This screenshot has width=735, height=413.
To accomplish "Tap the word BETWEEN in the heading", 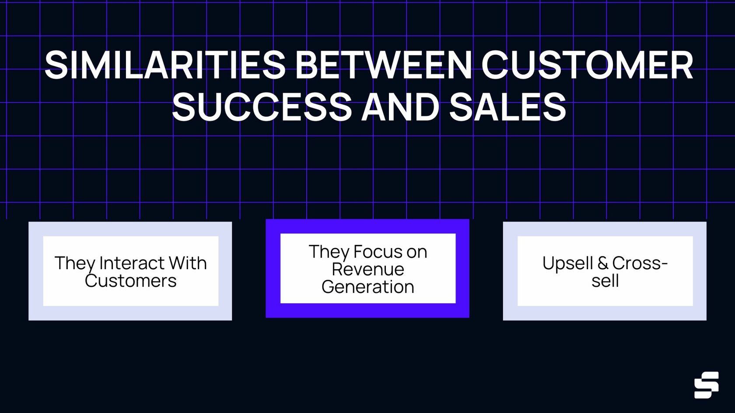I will (384, 65).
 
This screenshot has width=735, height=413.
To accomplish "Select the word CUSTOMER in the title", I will (587, 65).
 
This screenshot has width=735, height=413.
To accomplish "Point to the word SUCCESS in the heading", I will (262, 107).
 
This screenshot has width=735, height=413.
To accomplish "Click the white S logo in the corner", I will (706, 385).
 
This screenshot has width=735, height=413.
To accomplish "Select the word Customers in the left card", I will (130, 281).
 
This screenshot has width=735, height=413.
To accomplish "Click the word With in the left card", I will (188, 263).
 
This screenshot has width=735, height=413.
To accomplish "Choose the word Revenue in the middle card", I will (367, 269).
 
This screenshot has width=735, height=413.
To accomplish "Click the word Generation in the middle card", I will (367, 287).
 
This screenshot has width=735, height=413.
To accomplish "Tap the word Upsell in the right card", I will (567, 263).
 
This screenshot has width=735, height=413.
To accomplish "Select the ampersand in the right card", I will (602, 263).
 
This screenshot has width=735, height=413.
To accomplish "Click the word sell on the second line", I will (605, 281).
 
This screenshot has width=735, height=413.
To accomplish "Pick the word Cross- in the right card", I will (640, 263).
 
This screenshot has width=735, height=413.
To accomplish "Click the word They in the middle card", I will (329, 252).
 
